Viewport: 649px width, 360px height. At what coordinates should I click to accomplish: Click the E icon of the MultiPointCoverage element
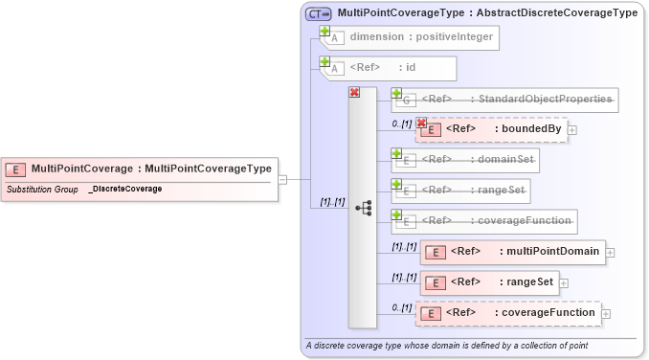(x=15, y=169)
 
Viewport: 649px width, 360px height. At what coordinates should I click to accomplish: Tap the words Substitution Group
(x=42, y=190)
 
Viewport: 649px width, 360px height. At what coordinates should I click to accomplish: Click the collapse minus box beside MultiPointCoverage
(x=282, y=179)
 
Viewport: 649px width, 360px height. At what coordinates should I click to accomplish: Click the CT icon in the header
(x=318, y=13)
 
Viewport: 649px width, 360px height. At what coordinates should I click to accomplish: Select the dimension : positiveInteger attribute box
(x=413, y=38)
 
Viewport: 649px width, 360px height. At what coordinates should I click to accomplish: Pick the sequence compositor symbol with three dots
(x=362, y=207)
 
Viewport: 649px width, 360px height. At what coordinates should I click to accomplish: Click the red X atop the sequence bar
(x=354, y=92)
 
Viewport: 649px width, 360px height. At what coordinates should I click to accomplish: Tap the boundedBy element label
(x=527, y=128)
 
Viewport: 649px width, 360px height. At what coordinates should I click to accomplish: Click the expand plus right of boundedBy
(x=572, y=129)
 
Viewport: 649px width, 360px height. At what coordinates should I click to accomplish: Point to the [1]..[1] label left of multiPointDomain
(x=403, y=247)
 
